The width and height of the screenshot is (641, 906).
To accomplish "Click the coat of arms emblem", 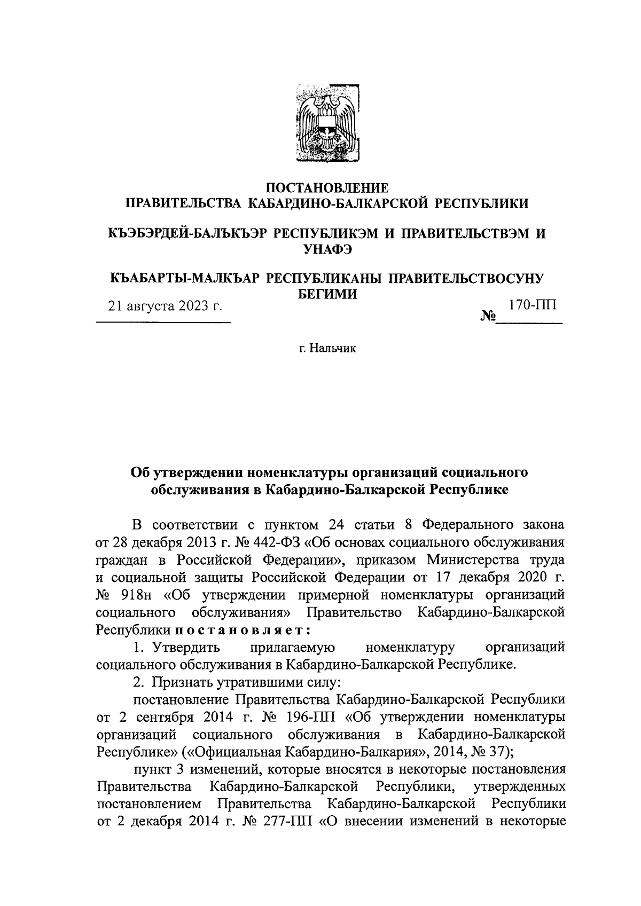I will [327, 122].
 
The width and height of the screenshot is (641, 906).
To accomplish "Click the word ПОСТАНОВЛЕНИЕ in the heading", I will [327, 188].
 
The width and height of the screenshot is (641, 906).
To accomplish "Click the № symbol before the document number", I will [488, 317].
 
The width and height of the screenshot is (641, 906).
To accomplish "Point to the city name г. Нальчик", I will [327, 349].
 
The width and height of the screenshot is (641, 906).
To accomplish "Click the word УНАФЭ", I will [327, 248].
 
